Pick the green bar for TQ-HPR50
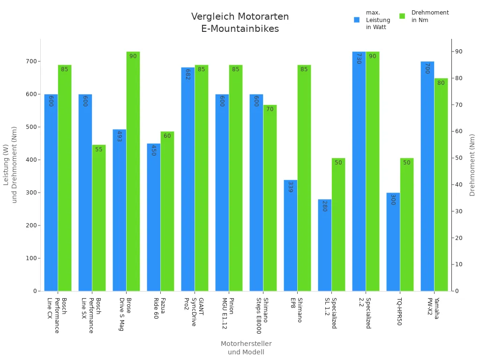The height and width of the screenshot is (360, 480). point(407,225)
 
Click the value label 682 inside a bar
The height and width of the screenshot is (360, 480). point(188,75)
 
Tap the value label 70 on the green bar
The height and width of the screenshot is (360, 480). point(270,109)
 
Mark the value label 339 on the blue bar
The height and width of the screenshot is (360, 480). point(291,187)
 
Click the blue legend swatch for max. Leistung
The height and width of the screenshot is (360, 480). point(357,20)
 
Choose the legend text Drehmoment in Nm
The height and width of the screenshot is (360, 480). point(430,16)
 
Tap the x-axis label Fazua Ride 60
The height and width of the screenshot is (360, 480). point(159,308)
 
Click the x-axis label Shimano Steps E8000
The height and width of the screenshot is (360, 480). point(262,315)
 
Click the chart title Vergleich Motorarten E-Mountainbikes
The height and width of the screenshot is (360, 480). point(240,22)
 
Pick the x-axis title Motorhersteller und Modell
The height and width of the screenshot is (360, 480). point(246,348)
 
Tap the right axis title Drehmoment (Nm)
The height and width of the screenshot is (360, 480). point(472,165)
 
